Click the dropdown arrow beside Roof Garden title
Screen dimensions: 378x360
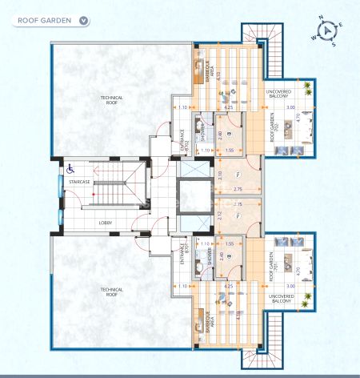(84, 20)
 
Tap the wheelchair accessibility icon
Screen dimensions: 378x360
(70, 168)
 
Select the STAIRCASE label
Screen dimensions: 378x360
(79, 183)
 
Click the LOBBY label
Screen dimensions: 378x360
(106, 223)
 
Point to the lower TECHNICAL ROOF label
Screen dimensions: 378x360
(111, 292)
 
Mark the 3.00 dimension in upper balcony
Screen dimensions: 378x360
(291, 107)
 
